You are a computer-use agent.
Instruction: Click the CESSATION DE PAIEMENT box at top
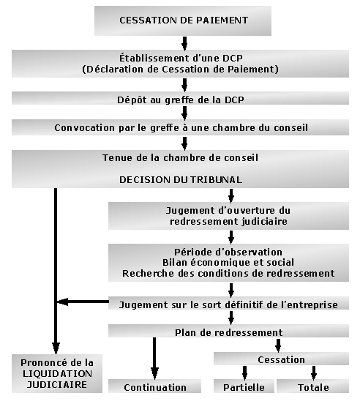point(183,20)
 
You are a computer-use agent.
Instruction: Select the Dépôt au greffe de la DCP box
point(180,98)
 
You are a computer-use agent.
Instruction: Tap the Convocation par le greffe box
point(180,127)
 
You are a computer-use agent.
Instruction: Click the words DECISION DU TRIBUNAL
point(181,179)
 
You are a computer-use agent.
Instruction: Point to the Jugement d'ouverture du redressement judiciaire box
point(228,216)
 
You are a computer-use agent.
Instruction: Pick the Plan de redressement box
point(228,331)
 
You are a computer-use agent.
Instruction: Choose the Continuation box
point(154,386)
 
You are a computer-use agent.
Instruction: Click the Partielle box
point(244,386)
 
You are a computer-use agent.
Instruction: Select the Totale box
point(313,386)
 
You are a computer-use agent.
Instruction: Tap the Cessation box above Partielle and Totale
point(281,359)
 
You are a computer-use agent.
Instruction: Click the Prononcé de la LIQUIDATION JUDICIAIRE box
point(57,373)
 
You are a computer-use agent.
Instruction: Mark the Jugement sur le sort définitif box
point(228,303)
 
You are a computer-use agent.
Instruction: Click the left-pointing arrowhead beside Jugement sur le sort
point(63,302)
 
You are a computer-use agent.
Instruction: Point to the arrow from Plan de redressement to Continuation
point(154,358)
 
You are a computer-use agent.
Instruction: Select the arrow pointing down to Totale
point(314,373)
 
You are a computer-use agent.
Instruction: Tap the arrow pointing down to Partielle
point(244,373)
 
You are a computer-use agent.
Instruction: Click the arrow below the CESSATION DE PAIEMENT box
point(184,43)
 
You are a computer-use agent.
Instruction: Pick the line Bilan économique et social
point(228,263)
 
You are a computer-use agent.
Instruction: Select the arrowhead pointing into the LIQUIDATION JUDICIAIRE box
point(56,348)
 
